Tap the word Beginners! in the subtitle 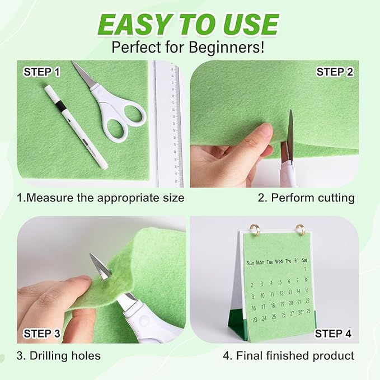[x=230, y=46]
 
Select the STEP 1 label [x=41, y=72]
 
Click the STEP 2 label [x=335, y=72]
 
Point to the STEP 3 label [x=41, y=334]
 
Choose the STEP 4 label [x=333, y=334]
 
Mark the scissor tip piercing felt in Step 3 [x=101, y=267]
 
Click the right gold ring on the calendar [x=300, y=229]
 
